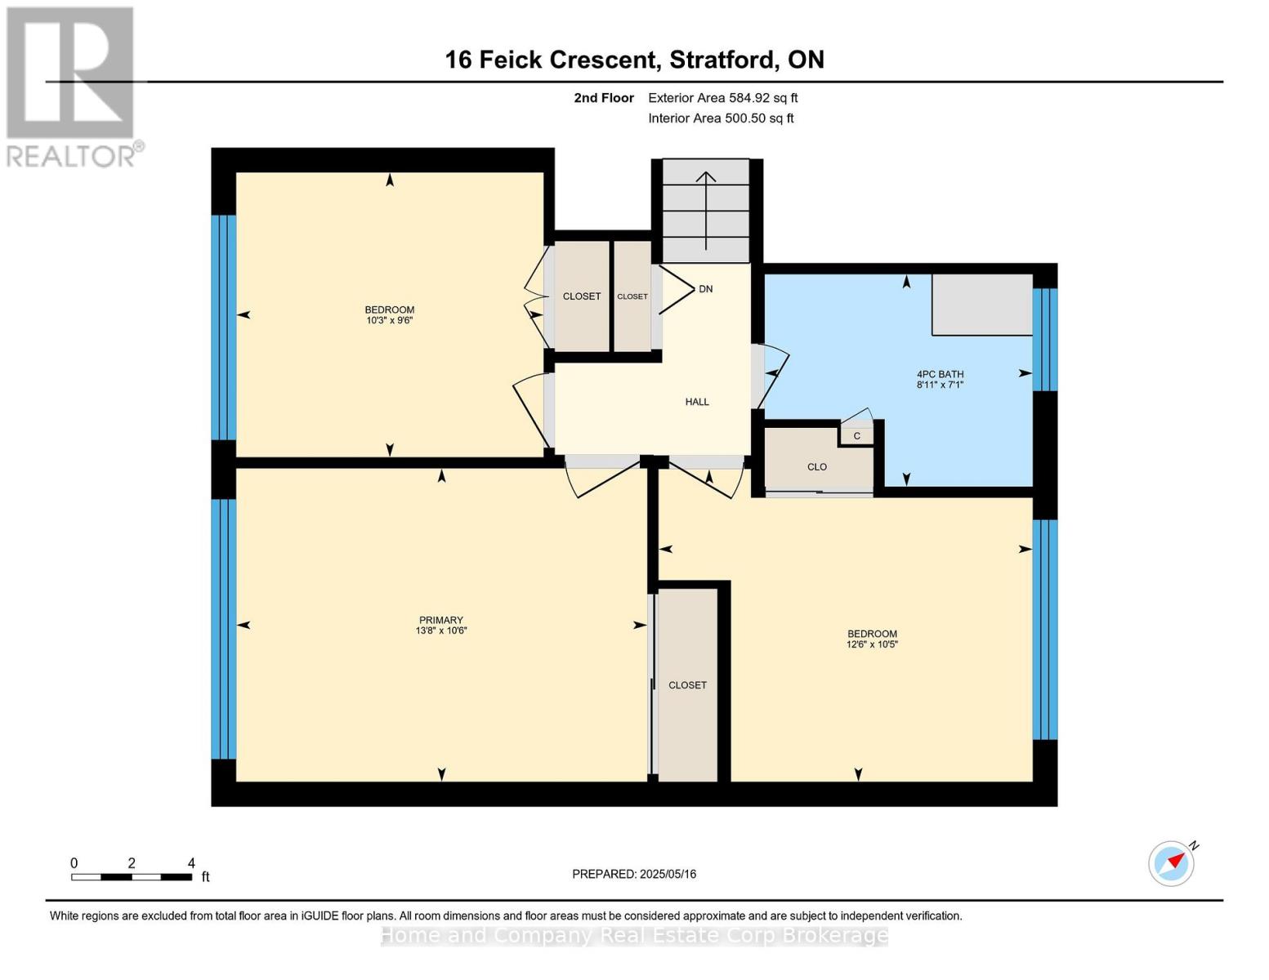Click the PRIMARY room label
point(441,620)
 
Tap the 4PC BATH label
point(940,374)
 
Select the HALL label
point(697,402)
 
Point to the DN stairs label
point(705,289)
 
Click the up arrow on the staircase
point(706,211)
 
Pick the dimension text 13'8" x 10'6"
point(441,630)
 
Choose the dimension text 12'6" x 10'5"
point(872,644)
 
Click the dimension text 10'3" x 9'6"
point(390,320)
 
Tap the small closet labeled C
point(856,435)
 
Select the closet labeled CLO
point(818,461)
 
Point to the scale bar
point(132,876)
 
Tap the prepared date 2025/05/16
point(668,874)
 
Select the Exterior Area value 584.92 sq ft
point(762,98)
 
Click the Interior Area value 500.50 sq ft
point(759,118)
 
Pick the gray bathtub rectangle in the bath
point(982,305)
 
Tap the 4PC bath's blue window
point(1045,340)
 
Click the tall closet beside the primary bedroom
point(687,684)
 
